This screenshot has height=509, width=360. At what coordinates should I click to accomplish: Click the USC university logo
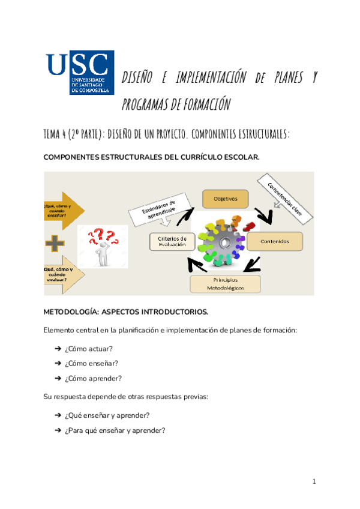click(80, 72)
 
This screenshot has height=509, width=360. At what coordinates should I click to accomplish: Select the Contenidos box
click(275, 241)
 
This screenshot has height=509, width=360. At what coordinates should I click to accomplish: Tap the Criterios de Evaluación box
click(172, 241)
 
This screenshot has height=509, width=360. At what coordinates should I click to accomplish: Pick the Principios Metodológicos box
click(226, 284)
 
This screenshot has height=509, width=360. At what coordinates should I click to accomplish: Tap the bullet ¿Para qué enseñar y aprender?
click(114, 430)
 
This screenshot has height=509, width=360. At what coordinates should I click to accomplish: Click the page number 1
click(314, 482)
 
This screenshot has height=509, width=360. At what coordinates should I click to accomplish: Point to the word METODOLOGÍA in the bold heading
click(71, 312)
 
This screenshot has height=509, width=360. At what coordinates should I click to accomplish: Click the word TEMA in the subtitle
click(53, 134)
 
